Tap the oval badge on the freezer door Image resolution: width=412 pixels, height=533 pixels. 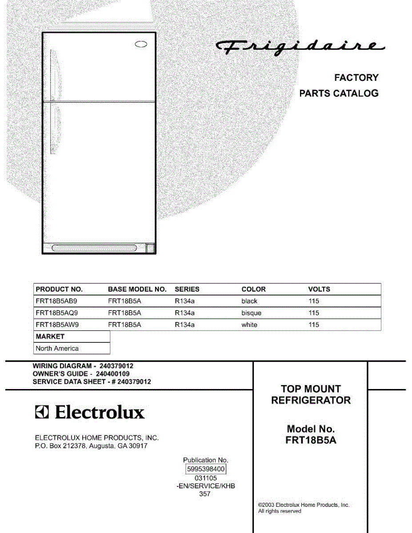[141, 44]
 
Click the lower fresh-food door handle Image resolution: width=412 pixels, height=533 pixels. [53, 129]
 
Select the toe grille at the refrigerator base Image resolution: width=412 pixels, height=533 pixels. [94, 248]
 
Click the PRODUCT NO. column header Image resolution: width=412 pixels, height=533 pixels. [59, 289]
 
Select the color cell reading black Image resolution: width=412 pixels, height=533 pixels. [249, 301]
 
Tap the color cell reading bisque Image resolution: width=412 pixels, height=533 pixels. [251, 313]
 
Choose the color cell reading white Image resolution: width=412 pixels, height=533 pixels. [249, 325]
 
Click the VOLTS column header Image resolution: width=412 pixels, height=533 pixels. [319, 289]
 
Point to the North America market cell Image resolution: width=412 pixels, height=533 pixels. [57, 349]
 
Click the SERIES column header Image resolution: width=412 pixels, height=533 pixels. [187, 289]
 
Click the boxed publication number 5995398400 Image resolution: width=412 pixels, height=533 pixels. [206, 469]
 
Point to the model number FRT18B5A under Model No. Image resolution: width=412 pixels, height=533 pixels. [311, 441]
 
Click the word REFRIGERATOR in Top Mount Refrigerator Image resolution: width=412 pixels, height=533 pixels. [311, 400]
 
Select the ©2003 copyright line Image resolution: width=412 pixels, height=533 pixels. [304, 505]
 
